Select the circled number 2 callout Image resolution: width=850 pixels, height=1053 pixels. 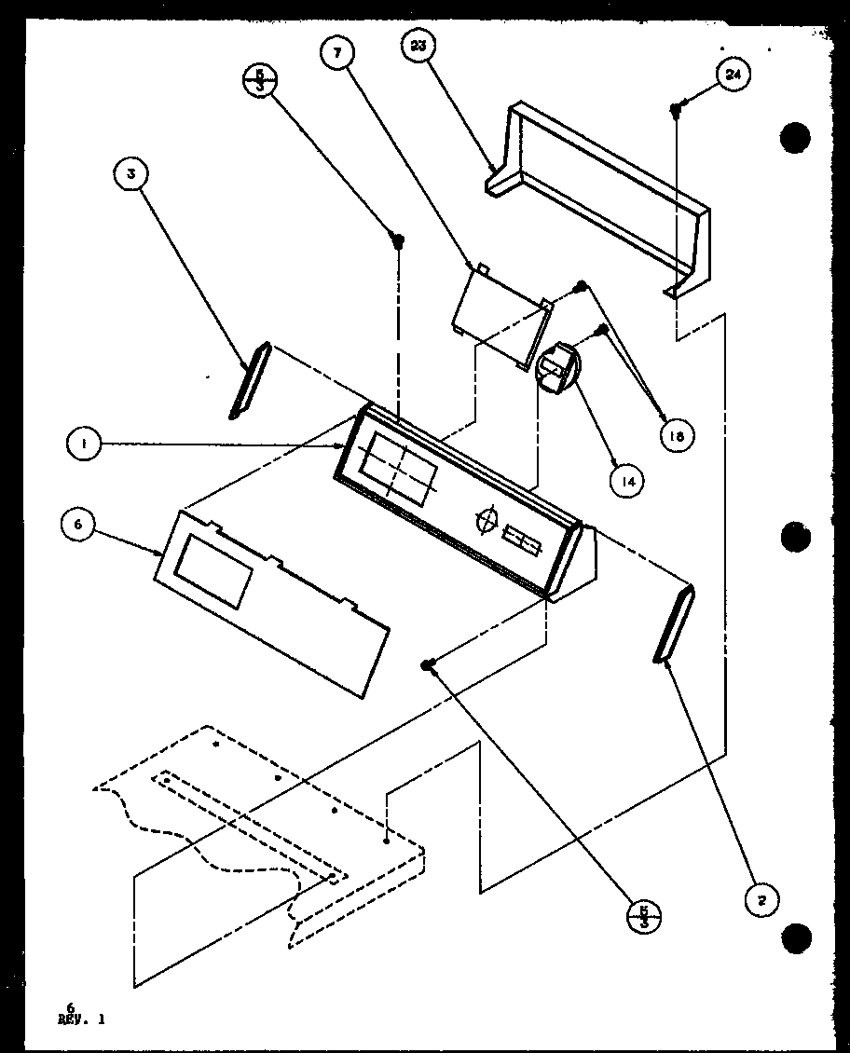point(761,899)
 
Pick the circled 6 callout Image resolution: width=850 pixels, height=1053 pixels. point(77,525)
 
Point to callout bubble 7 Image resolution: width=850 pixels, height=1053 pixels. point(337,55)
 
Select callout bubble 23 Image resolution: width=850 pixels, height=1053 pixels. point(417,47)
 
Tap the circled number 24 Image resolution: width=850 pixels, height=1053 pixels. point(733,75)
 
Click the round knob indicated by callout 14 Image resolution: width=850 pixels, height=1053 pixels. point(557,370)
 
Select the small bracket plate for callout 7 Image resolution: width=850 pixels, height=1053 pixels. point(500,314)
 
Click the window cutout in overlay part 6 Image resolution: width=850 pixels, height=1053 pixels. point(213,572)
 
